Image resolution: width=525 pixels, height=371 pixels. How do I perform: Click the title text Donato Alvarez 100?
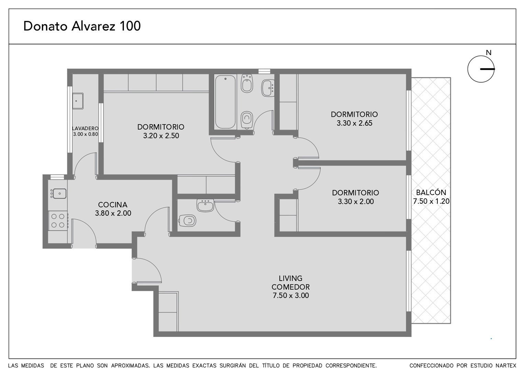point(82,26)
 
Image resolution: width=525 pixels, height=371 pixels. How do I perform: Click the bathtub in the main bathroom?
point(225,102)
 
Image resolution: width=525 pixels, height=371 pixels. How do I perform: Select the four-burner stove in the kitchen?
point(58,221)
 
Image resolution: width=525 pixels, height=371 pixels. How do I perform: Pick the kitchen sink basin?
point(59,194)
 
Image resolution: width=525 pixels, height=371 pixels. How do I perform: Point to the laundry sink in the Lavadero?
point(78,101)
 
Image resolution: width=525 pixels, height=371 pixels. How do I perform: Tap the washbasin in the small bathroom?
point(205,205)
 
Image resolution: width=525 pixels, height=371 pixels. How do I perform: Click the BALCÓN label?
point(431,192)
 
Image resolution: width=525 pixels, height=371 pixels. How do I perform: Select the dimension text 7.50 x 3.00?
point(291,295)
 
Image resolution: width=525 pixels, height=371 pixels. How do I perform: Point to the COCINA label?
point(113,205)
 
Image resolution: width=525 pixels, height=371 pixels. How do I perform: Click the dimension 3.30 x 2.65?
point(354,123)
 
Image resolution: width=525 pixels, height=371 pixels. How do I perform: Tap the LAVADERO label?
point(85,128)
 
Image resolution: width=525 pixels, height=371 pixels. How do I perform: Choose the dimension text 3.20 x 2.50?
point(161,136)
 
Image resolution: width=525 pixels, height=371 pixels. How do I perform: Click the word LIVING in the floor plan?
point(290,278)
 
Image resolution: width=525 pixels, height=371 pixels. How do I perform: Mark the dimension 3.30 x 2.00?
point(356,201)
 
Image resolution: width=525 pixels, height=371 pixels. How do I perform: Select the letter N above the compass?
point(489,53)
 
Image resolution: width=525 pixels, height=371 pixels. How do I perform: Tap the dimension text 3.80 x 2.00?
point(113,213)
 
